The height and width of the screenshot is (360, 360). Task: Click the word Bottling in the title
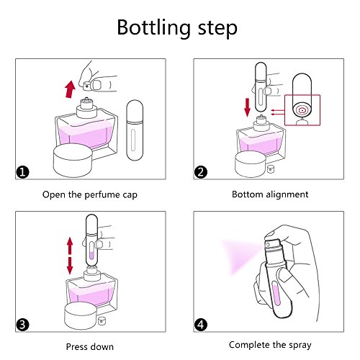pos(154,28)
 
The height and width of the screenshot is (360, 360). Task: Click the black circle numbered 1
pos(22,172)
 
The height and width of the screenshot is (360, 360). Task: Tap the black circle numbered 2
pos(201,172)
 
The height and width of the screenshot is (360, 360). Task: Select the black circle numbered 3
pos(22,325)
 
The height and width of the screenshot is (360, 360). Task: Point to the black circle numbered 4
pos(201,325)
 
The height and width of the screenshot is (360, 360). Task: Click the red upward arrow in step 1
pos(70,89)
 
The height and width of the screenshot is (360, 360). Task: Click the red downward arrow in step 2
pos(247,107)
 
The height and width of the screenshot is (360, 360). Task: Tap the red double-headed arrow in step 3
pos(70,256)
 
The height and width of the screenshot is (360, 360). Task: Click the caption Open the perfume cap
pos(90,194)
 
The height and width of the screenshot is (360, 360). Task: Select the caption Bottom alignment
pos(270,194)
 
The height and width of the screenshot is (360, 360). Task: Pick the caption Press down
pos(90,347)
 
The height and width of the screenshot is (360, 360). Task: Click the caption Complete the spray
pos(270,345)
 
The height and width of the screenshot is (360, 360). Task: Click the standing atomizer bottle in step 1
pos(135,130)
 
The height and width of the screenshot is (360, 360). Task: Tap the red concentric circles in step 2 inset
pos(302,110)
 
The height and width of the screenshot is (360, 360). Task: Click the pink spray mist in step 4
pos(240,256)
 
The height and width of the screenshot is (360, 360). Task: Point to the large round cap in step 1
pos(73,161)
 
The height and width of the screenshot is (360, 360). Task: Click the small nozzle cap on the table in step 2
pos(271,168)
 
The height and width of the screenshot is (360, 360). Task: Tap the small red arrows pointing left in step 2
pos(278,112)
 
